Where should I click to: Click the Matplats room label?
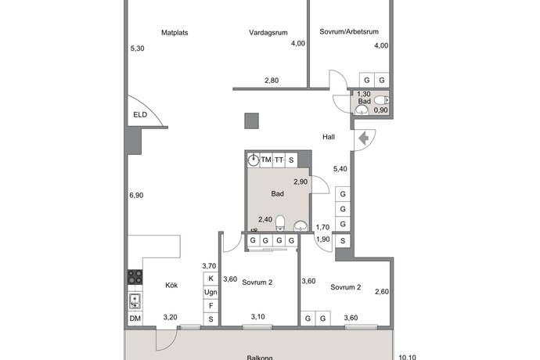pyautogui.click(x=175, y=33)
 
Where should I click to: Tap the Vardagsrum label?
pyautogui.click(x=268, y=33)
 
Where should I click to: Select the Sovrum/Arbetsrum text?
pyautogui.click(x=349, y=33)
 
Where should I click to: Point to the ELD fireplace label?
pyautogui.click(x=140, y=116)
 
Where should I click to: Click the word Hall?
pyautogui.click(x=329, y=137)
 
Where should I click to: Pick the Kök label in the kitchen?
pyautogui.click(x=171, y=285)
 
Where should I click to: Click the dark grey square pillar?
pyautogui.click(x=251, y=121)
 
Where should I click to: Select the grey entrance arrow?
pyautogui.click(x=364, y=139)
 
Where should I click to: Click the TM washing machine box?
pyautogui.click(x=266, y=160)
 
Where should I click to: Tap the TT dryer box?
pyautogui.click(x=279, y=160)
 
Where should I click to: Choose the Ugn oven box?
pyautogui.click(x=211, y=292)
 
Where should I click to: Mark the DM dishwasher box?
pyautogui.click(x=135, y=318)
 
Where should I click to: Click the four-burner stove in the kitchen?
pyautogui.click(x=135, y=277)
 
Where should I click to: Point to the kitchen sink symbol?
pyautogui.click(x=135, y=300)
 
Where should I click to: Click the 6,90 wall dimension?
pyautogui.click(x=137, y=196)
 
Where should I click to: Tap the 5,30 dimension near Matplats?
pyautogui.click(x=137, y=49)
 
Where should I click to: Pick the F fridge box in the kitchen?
pyautogui.click(x=211, y=305)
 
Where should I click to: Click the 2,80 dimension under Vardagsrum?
pyautogui.click(x=272, y=81)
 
